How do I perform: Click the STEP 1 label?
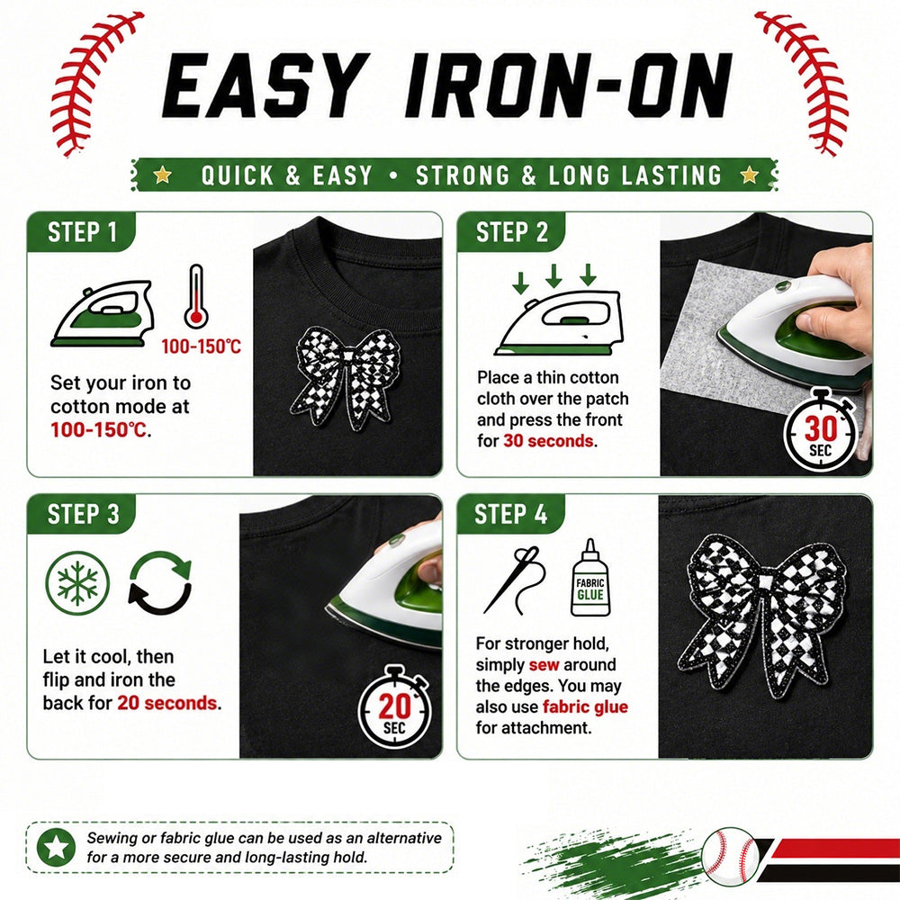pos(82,232)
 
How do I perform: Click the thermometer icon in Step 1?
pos(196,295)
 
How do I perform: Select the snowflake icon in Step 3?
pos(76,583)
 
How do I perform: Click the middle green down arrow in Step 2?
pos(553,275)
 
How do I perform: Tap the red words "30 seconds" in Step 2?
pos(548,441)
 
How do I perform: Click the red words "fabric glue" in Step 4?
pos(585,707)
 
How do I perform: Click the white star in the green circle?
pos(56,847)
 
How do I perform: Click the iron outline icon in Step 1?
pos(103,313)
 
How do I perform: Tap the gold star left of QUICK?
pos(162,175)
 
